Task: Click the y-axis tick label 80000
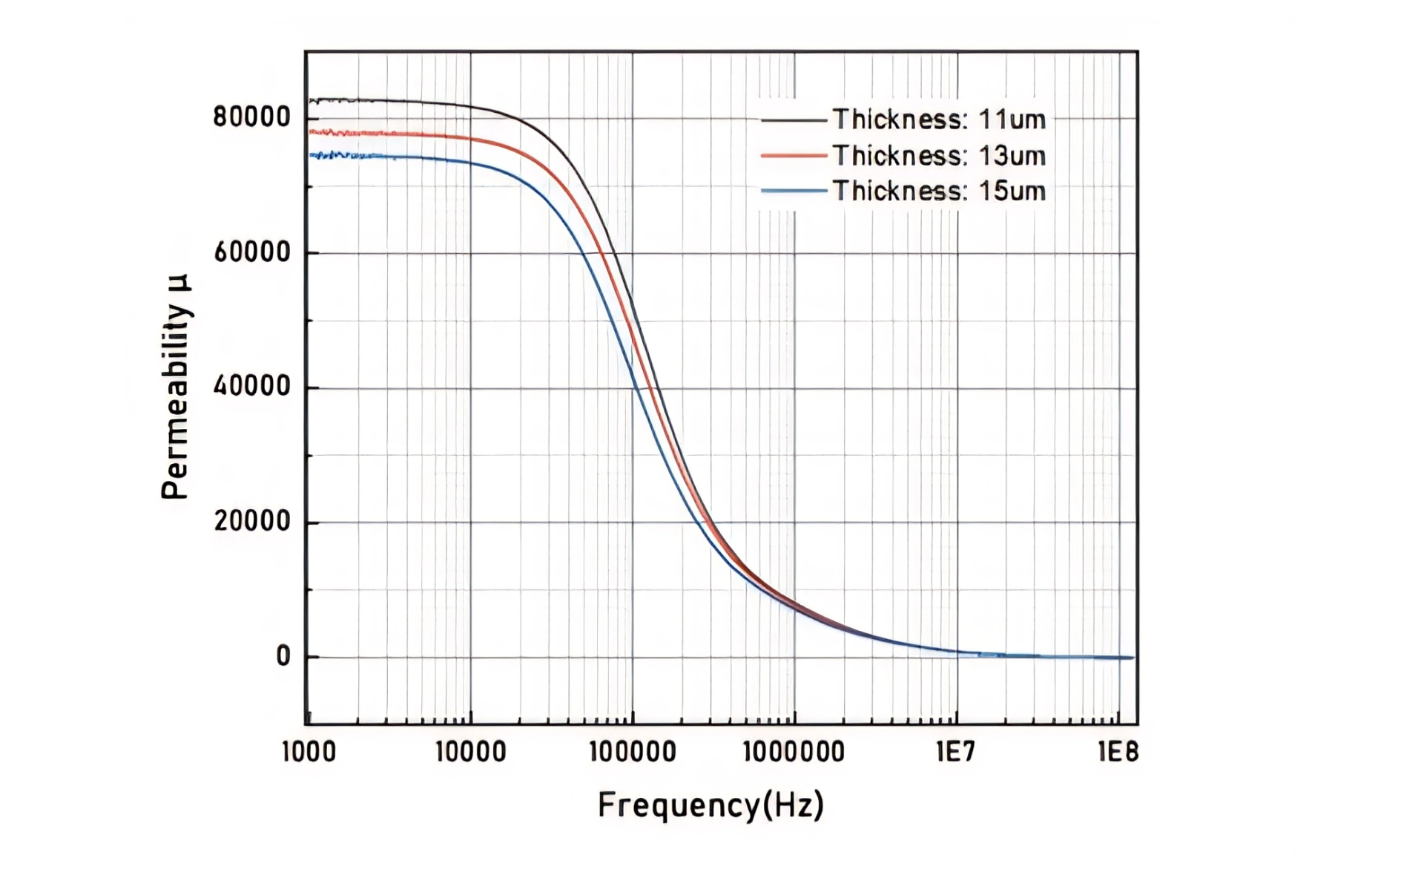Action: click(251, 117)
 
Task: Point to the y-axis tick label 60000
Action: click(251, 252)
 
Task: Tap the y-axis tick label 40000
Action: click(251, 387)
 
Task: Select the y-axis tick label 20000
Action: click(251, 521)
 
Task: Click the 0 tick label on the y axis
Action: click(283, 656)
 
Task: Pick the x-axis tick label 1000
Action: click(309, 752)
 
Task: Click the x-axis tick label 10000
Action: click(470, 752)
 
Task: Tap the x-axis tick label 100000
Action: click(632, 752)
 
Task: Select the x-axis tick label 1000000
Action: click(794, 752)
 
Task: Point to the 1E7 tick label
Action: click(955, 752)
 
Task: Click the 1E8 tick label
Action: click(1118, 752)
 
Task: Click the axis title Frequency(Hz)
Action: click(711, 805)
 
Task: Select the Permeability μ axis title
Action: click(176, 387)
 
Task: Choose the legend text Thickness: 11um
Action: click(938, 119)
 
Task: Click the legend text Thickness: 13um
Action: click(938, 156)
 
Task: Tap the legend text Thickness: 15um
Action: click(938, 191)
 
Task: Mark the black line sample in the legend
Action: click(794, 119)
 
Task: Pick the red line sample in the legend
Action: click(794, 156)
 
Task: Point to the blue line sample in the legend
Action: click(794, 191)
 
